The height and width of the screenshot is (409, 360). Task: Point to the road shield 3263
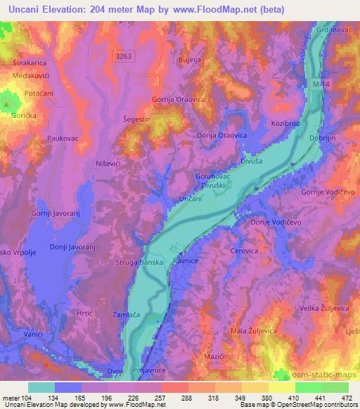[x=124, y=55]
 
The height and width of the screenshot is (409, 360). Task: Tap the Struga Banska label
[x=140, y=262]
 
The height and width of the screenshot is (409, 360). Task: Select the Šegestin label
[x=137, y=121]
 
